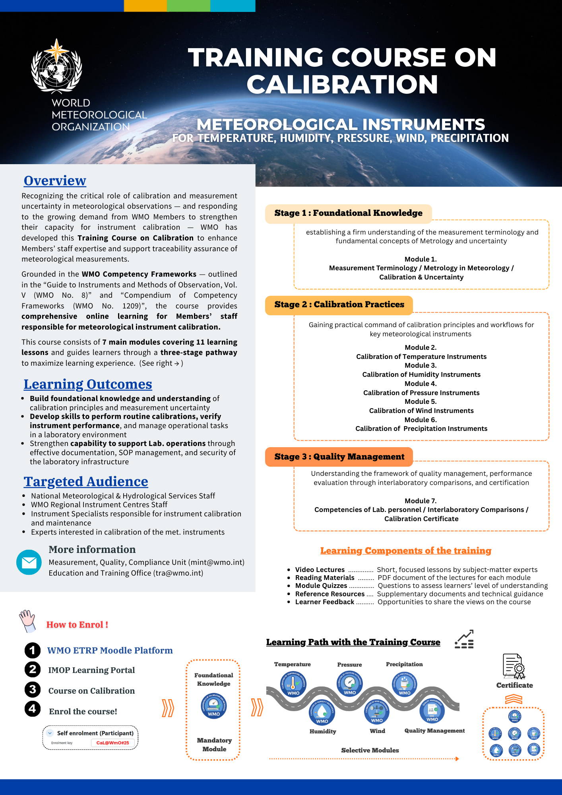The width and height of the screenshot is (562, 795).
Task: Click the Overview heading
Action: [x=55, y=181]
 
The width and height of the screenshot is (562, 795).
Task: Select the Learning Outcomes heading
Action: [x=88, y=384]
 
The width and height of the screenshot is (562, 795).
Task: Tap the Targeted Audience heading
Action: [x=86, y=482]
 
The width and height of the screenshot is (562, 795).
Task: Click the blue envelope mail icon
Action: [x=29, y=562]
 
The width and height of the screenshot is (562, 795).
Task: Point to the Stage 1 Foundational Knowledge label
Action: [x=348, y=213]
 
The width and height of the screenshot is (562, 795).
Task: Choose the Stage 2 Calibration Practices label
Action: [x=339, y=305]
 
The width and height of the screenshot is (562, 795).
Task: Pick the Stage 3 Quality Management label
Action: [x=339, y=457]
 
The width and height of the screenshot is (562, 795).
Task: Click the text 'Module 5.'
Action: [x=421, y=401]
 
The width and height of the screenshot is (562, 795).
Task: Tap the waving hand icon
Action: [x=27, y=620]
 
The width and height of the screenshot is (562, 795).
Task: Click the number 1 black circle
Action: [x=33, y=650]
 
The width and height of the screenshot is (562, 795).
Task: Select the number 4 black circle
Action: [x=33, y=709]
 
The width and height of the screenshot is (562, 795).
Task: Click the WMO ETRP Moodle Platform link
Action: [x=110, y=651]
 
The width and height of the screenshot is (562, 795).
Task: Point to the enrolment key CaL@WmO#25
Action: [x=113, y=743]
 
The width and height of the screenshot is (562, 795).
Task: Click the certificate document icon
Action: [x=514, y=666]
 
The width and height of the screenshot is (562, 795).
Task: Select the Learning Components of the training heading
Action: [x=406, y=551]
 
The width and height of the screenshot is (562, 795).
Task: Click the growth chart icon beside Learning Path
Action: [x=464, y=639]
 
